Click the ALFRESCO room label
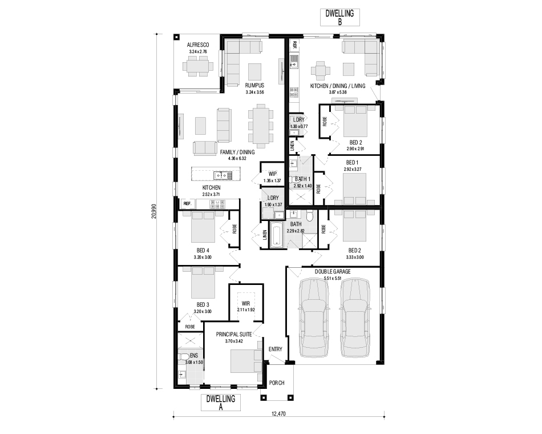coord(198,45)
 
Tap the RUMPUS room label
coord(255,86)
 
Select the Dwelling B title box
coord(340,17)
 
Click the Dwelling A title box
coord(221,403)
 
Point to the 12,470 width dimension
coord(278,413)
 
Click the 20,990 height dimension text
coord(153,211)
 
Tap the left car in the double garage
coord(314,318)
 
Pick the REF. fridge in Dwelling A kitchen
coord(188,204)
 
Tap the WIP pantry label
coord(272,174)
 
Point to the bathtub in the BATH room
coord(277,235)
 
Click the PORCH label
coord(277,383)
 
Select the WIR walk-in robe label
coord(246,304)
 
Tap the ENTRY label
coord(276,349)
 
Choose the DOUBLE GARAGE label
coord(333,272)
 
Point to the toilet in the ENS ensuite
coord(183,357)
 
